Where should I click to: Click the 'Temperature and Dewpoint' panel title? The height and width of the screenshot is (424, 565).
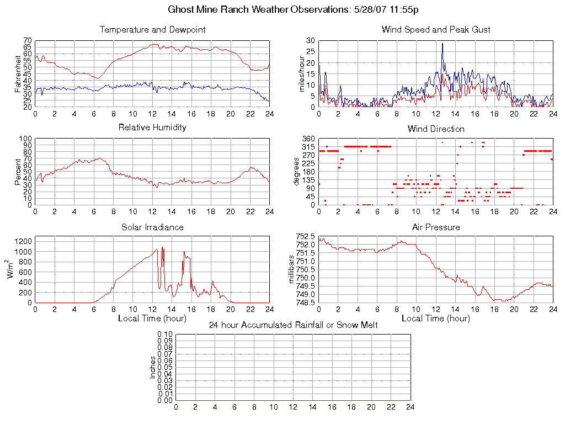pos(152,30)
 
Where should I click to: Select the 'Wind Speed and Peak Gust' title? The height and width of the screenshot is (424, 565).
pos(436,30)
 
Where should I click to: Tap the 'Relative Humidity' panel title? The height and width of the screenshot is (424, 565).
pos(152,128)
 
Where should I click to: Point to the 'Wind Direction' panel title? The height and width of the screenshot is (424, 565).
pos(436,129)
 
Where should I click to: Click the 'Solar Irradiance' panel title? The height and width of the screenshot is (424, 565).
pos(152,227)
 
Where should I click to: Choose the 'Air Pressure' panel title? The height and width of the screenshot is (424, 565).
pos(436,227)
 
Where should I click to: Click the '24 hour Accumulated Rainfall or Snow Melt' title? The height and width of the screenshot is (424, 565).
pos(293,325)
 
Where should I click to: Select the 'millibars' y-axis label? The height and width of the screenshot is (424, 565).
pos(292,269)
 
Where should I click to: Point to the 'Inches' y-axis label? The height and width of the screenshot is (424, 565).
pos(153,367)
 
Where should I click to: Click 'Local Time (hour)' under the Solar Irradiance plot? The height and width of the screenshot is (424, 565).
pos(152,319)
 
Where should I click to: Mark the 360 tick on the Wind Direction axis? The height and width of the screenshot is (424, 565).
pos(308,139)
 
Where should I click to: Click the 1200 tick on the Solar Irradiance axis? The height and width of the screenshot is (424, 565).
pos(24,241)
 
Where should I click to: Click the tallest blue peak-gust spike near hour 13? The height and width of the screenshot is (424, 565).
pos(443,44)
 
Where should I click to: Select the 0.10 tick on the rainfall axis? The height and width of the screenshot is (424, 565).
pos(165,334)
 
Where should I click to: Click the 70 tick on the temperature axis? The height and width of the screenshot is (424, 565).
pos(28,41)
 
